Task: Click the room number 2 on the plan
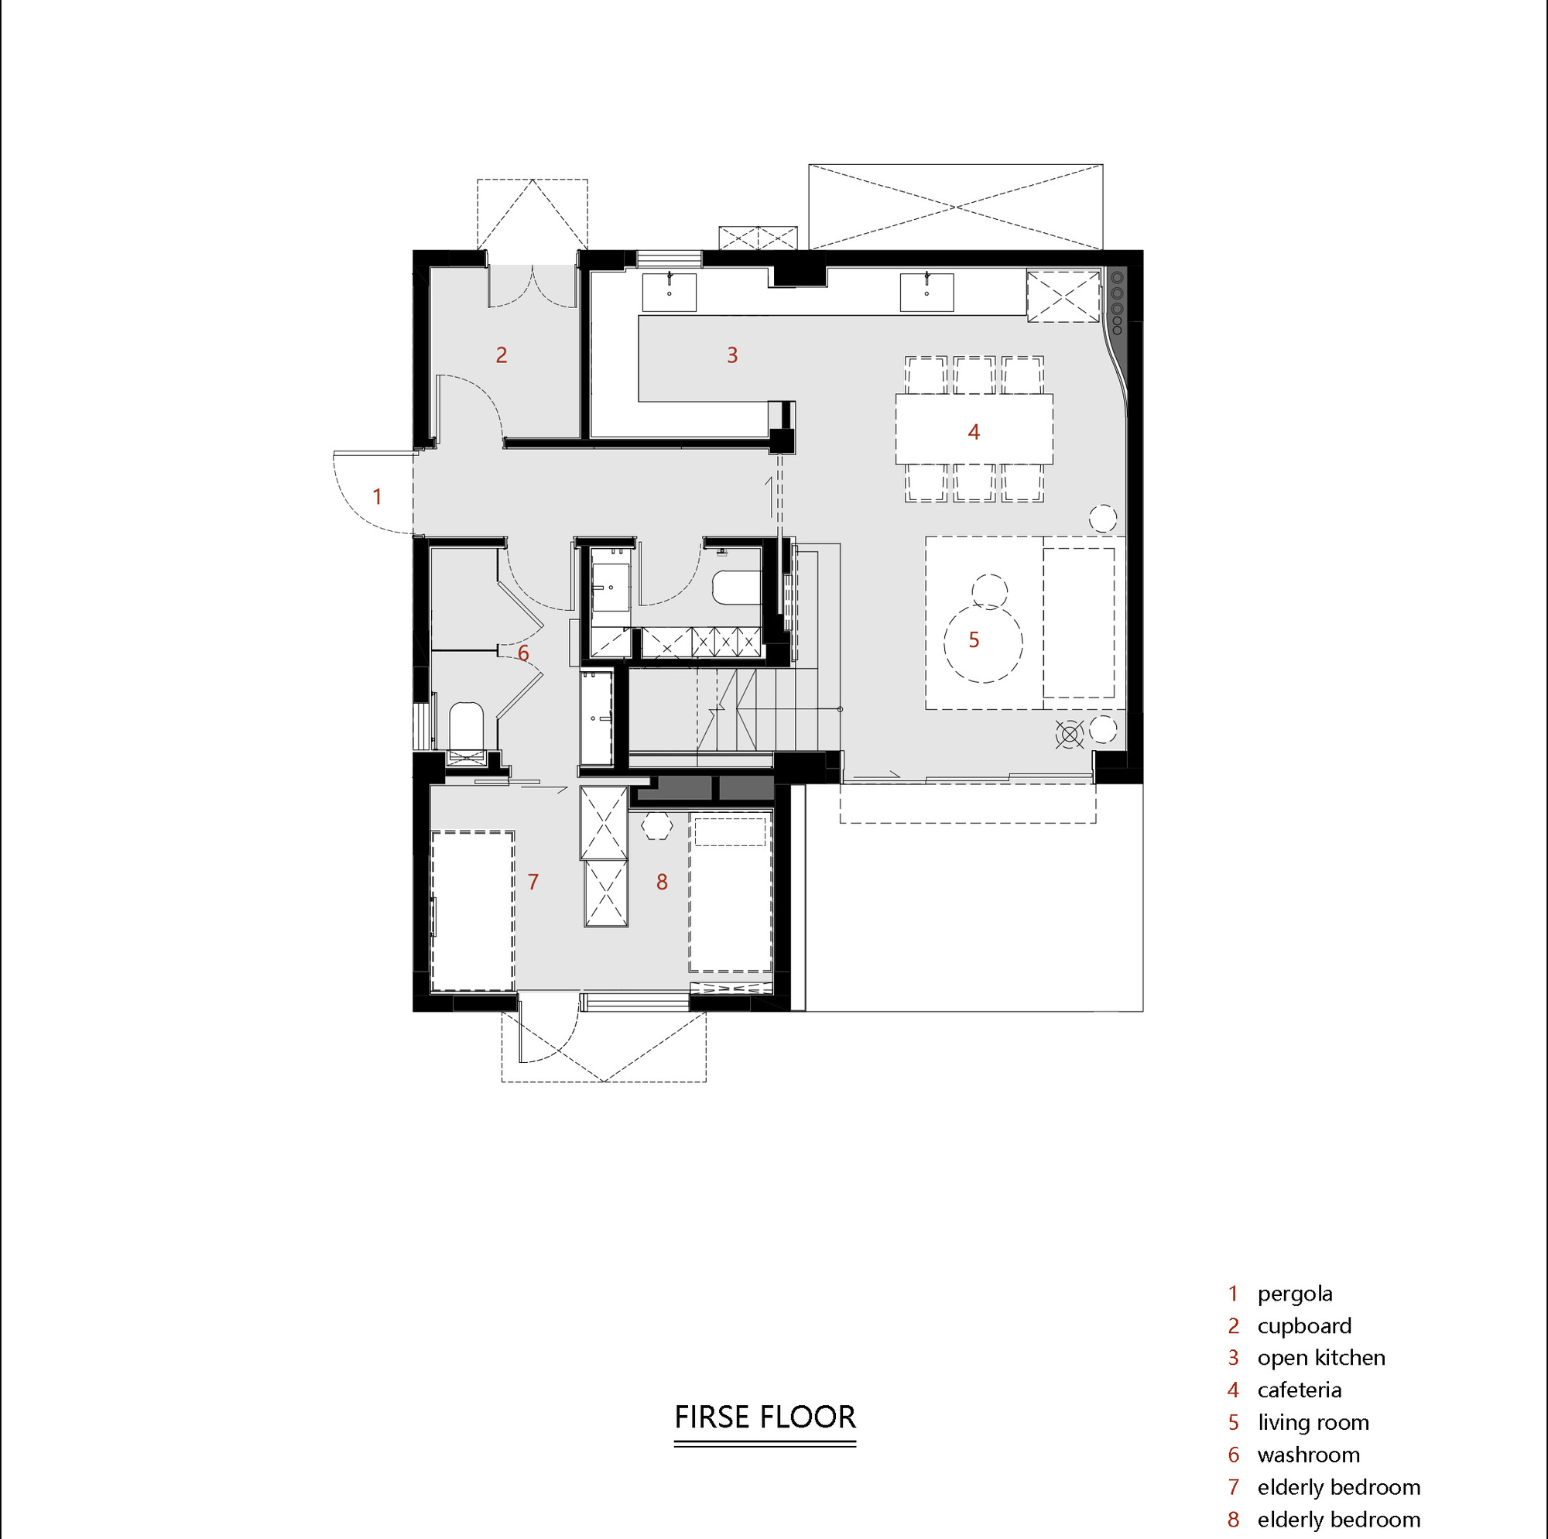coord(502,355)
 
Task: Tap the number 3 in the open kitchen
coord(732,355)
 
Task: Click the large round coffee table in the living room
coord(983,643)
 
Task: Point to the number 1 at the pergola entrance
coord(378,497)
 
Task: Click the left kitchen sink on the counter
coord(669,293)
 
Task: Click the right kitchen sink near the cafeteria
coord(926,293)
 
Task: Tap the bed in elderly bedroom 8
coord(730,893)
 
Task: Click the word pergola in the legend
coord(1295,1294)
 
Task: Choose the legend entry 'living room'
coord(1313,1423)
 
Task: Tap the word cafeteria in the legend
coord(1300,1390)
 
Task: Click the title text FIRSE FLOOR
coord(765,1417)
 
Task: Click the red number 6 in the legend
coord(1234,1455)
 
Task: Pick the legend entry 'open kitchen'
coord(1321,1358)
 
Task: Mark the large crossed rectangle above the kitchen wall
coord(955,207)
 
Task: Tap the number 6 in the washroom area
coord(523,653)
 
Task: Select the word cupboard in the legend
coord(1304,1326)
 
